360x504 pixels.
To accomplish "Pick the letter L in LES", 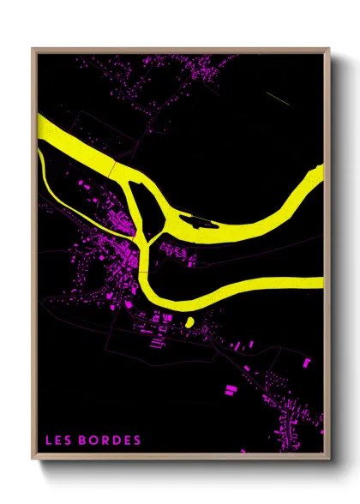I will coord(50,441).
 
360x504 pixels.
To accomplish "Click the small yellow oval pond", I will coord(189,321).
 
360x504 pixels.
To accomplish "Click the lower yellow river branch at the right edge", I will coord(321,282).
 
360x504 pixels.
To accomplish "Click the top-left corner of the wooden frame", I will coord(33,49).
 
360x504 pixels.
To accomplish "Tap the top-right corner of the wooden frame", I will coord(329,49).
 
